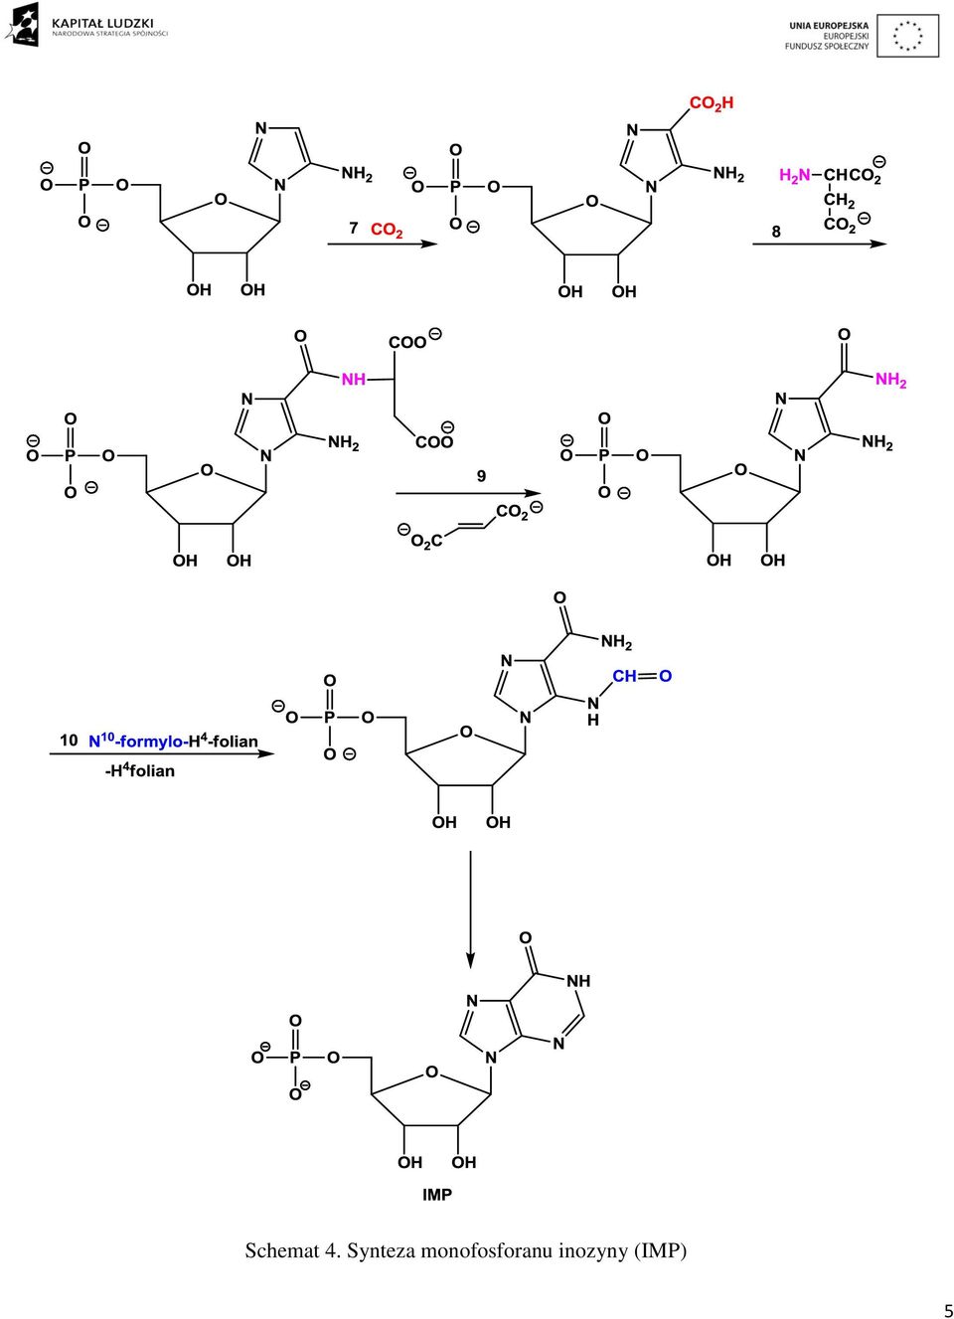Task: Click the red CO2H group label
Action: pos(712,103)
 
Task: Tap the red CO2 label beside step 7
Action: pos(387,230)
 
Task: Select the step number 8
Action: pos(776,232)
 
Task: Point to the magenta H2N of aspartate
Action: pos(794,175)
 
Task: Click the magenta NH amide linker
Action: pos(354,380)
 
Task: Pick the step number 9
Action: pos(481,476)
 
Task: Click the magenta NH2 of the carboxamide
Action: pos(890,380)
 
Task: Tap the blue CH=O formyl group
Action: pos(641,676)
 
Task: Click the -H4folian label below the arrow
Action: pos(140,770)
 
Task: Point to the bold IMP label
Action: pos(437,1195)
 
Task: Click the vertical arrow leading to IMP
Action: pos(469,907)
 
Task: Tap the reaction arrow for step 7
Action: pos(383,244)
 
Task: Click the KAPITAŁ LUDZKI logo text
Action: pos(103,23)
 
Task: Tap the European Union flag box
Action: pos(907,36)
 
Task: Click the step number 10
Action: pos(69,741)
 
